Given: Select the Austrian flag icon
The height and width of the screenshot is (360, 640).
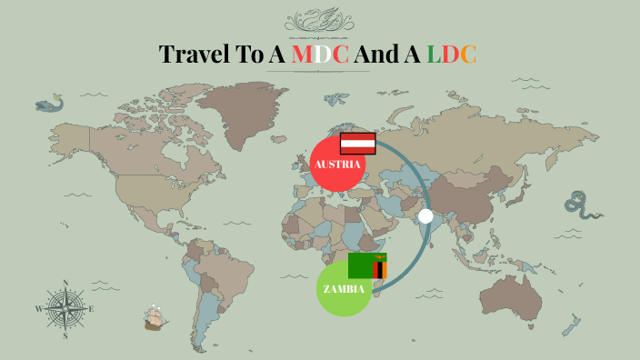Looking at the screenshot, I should click(358, 143).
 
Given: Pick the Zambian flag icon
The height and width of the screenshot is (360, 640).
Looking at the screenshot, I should click(367, 265).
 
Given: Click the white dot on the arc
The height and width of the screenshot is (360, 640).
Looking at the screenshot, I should click(425, 216).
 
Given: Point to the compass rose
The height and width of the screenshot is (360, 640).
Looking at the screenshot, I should click(65, 309).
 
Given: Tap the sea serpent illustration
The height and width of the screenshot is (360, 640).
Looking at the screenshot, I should click(582, 207).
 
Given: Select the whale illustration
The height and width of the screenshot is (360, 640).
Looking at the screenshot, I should click(49, 105).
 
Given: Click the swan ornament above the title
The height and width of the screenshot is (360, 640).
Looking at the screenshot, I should click(319, 20).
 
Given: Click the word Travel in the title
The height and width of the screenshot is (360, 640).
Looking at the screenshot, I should click(196, 55).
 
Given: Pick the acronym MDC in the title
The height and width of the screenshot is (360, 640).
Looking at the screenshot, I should click(320, 55).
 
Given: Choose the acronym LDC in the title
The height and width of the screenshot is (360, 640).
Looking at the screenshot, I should click(452, 55).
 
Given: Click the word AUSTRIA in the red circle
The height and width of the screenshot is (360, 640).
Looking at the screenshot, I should click(337, 165).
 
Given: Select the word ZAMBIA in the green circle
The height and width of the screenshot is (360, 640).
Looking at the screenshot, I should click(344, 289).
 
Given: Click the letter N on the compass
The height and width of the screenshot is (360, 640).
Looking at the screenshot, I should click(65, 282).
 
